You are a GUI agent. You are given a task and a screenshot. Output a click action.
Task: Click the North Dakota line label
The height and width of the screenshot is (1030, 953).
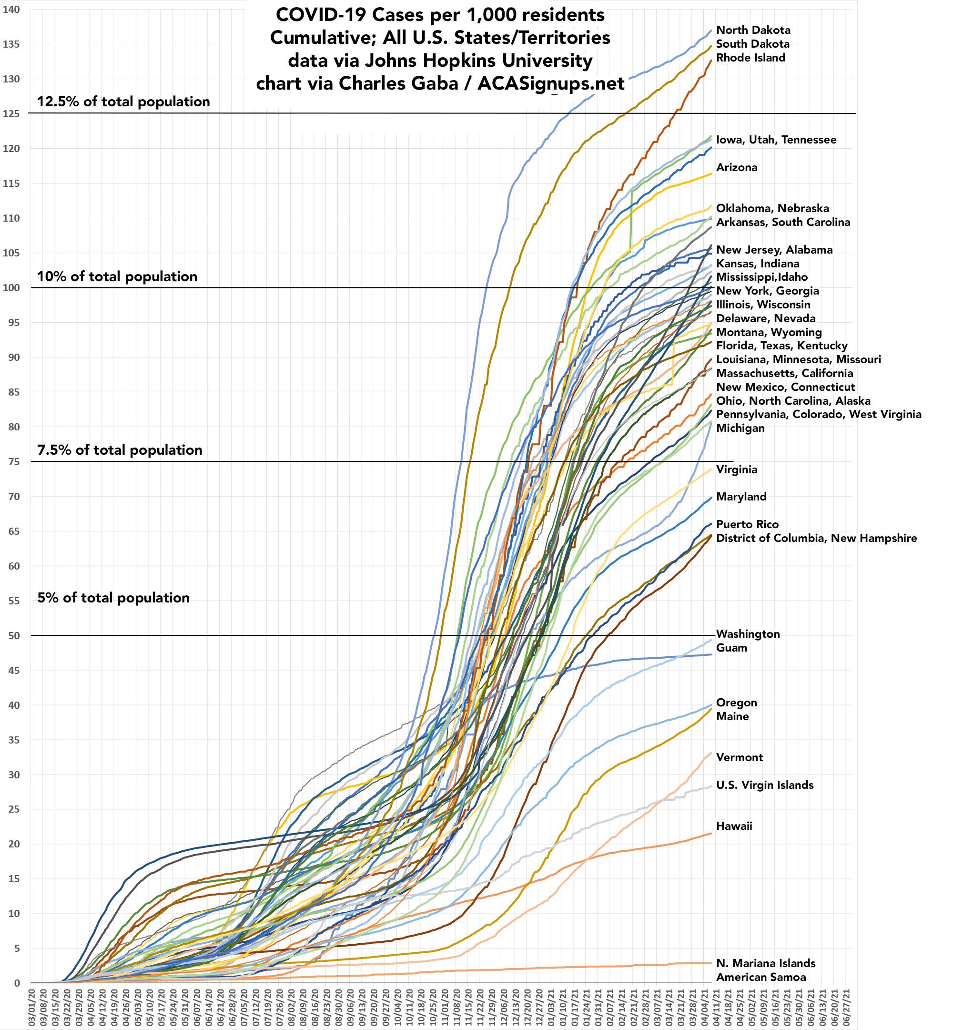tap(753, 31)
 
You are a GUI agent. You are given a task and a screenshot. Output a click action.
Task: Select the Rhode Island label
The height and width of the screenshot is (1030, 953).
tap(750, 58)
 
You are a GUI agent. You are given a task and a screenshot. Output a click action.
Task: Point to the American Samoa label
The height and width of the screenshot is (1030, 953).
tap(760, 977)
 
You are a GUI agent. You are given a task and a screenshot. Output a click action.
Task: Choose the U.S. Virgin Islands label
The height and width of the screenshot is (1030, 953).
tap(765, 785)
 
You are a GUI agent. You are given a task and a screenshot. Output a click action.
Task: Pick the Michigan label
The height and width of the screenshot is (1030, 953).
tap(740, 428)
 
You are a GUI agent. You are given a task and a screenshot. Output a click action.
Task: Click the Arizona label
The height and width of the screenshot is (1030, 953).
tap(736, 168)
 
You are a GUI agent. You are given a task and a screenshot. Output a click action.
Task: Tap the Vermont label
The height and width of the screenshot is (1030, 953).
tap(739, 757)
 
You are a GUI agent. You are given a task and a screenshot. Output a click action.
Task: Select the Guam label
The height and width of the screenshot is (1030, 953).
tap(731, 648)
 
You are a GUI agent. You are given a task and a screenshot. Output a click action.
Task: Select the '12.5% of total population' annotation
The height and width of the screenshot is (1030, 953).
tap(123, 102)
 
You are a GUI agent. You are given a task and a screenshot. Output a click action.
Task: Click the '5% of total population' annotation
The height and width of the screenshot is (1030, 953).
tap(113, 598)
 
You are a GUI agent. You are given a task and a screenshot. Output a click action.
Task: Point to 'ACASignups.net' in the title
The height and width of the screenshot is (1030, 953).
tap(551, 83)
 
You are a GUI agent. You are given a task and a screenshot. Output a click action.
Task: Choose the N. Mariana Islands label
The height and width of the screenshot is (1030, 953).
tap(765, 963)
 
